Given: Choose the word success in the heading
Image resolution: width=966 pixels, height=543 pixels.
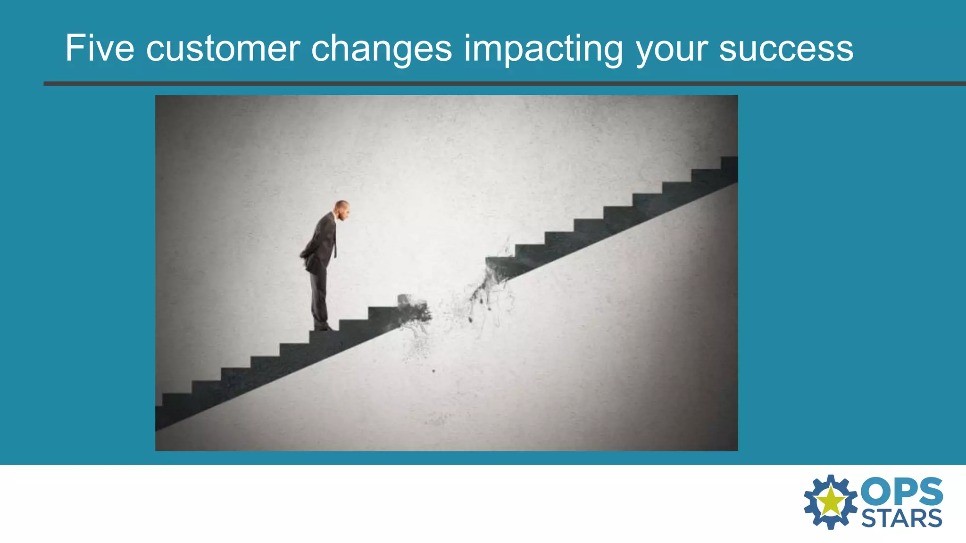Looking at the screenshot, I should pos(786,49).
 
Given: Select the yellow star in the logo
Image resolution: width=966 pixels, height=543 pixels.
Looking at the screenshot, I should pos(831,501).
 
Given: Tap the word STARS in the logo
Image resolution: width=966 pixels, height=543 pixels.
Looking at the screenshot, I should pos(902,518).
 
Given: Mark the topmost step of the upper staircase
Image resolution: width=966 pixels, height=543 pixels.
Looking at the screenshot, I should pos(729,163).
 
